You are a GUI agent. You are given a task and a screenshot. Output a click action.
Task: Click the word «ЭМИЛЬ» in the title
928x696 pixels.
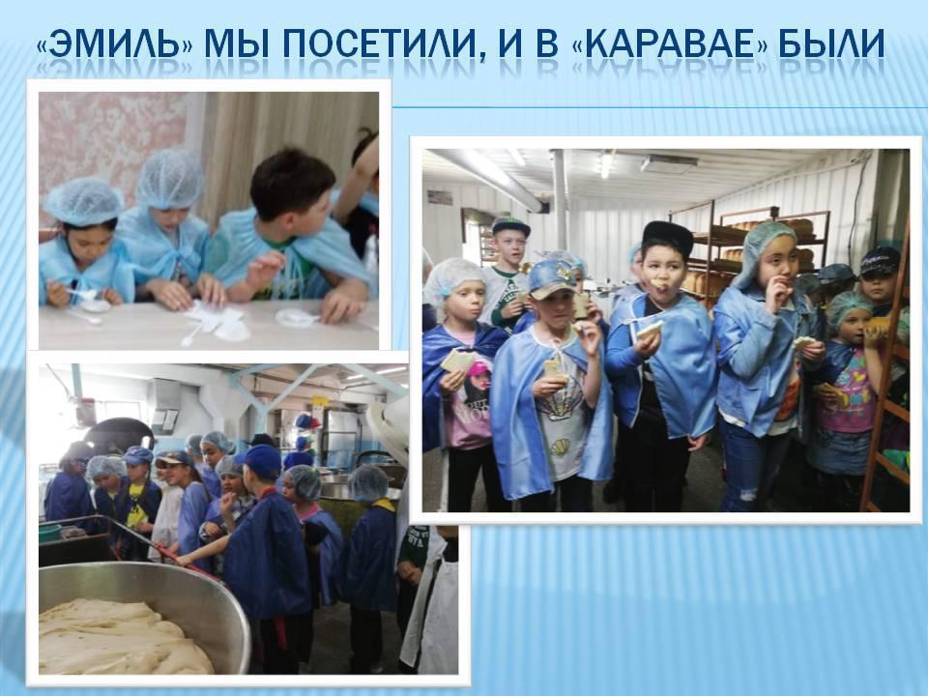click(114, 43)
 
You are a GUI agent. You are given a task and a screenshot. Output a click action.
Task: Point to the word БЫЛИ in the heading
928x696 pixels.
click(831, 43)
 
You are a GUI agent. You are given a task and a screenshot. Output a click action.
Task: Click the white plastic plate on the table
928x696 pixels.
click(296, 318)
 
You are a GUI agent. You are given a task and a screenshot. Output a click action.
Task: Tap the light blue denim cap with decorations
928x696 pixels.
click(552, 277)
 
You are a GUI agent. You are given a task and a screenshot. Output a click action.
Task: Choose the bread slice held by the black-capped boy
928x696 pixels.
click(650, 330)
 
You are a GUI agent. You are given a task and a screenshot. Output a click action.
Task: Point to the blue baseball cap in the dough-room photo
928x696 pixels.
click(260, 460)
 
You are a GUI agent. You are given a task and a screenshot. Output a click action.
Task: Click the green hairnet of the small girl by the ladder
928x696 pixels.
click(849, 309)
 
